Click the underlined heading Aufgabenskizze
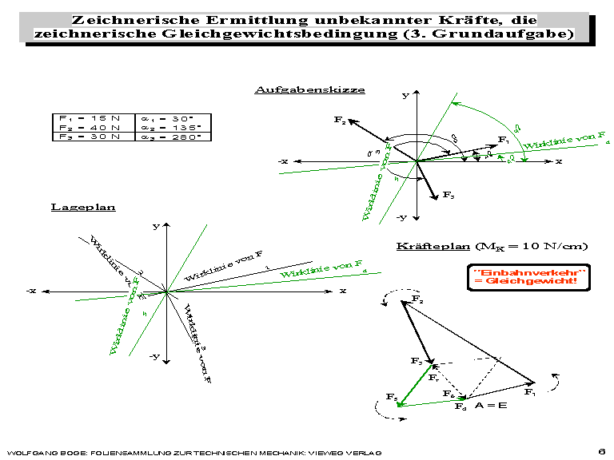[x=309, y=89]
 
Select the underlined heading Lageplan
[x=83, y=207]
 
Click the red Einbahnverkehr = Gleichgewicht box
[x=530, y=278]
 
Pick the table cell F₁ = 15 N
[x=89, y=117]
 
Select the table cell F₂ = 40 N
[x=89, y=127]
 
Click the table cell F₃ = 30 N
[x=89, y=137]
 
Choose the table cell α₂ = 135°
[x=174, y=127]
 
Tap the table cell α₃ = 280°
[x=174, y=137]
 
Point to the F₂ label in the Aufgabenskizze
[x=340, y=120]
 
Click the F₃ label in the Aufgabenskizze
[x=449, y=196]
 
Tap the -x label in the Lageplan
[x=31, y=291]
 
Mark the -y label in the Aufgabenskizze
[x=402, y=217]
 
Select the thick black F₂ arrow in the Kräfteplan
[x=418, y=329]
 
